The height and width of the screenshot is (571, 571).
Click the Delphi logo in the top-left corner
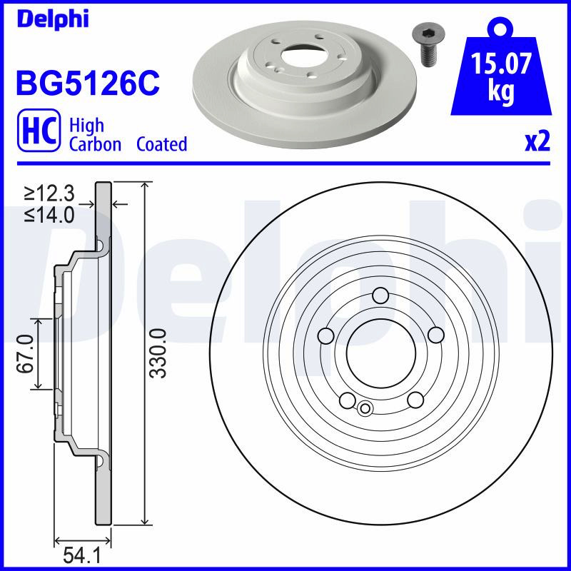point(53,19)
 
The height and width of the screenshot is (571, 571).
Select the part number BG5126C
point(88,83)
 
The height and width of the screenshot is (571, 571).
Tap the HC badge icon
point(39,130)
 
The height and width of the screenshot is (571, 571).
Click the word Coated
point(162,144)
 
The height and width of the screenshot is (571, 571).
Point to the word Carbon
point(95,144)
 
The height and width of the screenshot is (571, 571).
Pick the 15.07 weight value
point(501,64)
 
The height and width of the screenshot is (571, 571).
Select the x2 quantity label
point(537,142)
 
